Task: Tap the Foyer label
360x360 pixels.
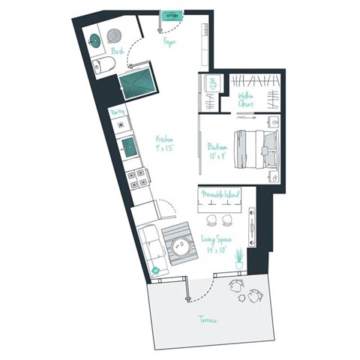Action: (x=170, y=42)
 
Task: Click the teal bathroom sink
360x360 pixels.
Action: (x=96, y=39)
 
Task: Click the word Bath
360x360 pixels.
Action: (x=118, y=52)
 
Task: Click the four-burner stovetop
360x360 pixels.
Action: (x=139, y=179)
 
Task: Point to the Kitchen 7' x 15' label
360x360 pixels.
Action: (x=166, y=142)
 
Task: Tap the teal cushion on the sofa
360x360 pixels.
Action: (x=155, y=269)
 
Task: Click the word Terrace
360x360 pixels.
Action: (x=208, y=320)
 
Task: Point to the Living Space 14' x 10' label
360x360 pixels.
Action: (x=216, y=244)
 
